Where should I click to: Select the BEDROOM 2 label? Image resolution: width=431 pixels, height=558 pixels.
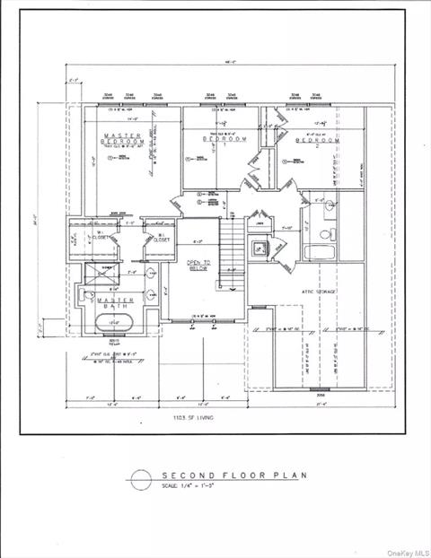tap(318, 141)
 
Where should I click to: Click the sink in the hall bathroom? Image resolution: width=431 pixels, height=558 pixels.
tap(329, 205)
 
